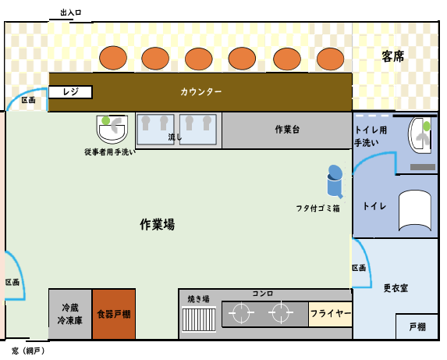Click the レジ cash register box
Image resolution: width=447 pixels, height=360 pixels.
pyautogui.click(x=70, y=92)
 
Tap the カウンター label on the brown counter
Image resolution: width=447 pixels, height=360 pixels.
pyautogui.click(x=201, y=92)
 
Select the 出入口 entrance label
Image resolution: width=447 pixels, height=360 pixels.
pyautogui.click(x=71, y=12)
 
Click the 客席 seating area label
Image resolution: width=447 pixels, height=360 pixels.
pyautogui.click(x=393, y=56)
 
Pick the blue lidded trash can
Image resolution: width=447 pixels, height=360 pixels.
pyautogui.click(x=335, y=182)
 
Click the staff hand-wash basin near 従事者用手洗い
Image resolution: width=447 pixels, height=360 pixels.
pyautogui.click(x=112, y=129)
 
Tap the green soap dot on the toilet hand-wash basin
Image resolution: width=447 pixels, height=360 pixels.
pyautogui.click(x=427, y=126)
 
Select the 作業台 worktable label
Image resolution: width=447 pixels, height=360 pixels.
pyautogui.click(x=287, y=130)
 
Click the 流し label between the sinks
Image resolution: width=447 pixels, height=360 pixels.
pyautogui.click(x=175, y=137)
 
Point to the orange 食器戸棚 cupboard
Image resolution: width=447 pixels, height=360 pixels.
pyautogui.click(x=114, y=314)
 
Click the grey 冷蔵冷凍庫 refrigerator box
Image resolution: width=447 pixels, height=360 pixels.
pyautogui.click(x=70, y=314)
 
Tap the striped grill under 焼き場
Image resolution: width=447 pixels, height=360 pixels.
pyautogui.click(x=199, y=319)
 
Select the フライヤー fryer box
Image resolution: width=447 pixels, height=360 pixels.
pyautogui.click(x=331, y=314)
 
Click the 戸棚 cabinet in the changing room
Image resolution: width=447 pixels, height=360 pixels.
pyautogui.click(x=417, y=326)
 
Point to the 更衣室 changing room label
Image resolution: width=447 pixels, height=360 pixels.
pyautogui.click(x=396, y=288)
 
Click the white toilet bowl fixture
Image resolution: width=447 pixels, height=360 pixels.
pyautogui.click(x=415, y=211)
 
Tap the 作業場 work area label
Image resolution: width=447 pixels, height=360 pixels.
pyautogui.click(x=157, y=224)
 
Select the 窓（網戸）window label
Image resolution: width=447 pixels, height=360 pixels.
pyautogui.click(x=28, y=351)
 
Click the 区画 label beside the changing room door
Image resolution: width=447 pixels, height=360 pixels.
pyautogui.click(x=359, y=268)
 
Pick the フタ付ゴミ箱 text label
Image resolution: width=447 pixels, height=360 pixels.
pyautogui.click(x=318, y=209)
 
